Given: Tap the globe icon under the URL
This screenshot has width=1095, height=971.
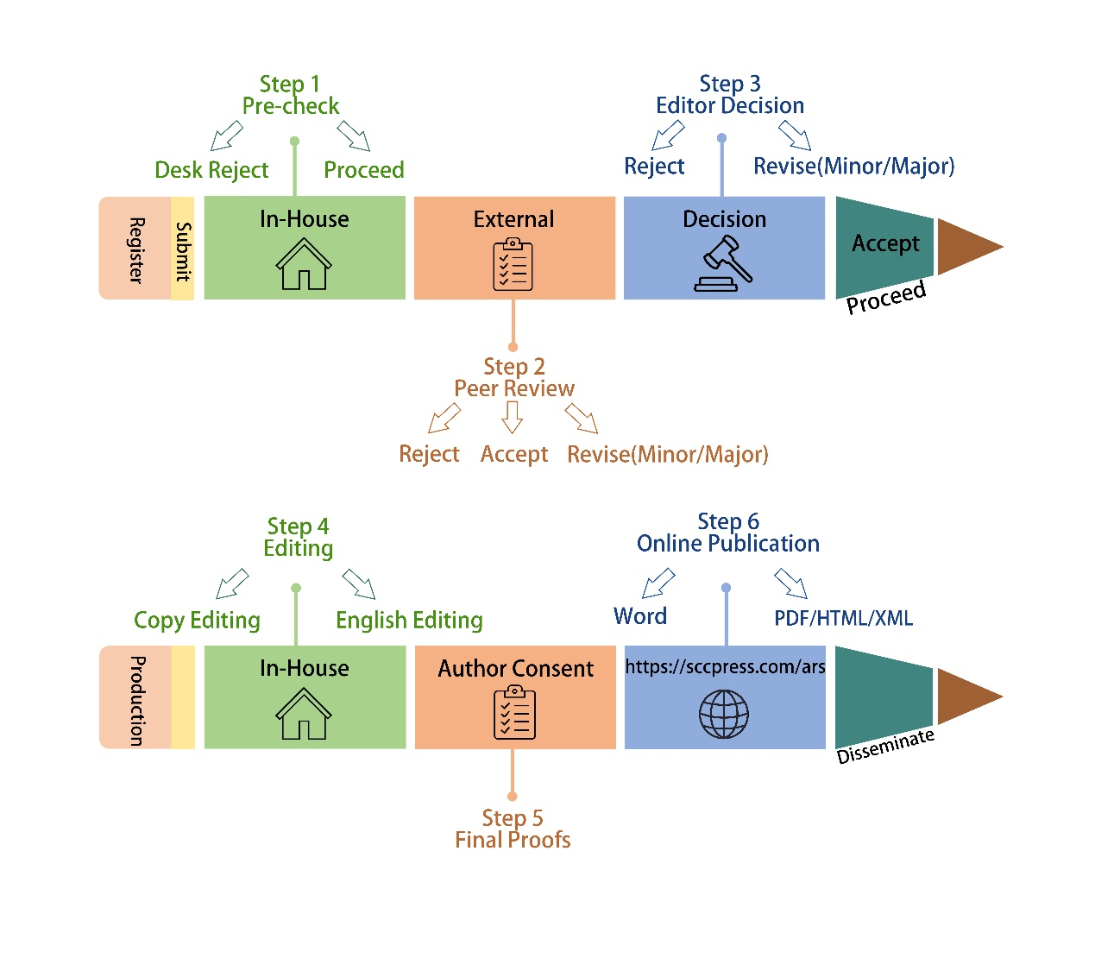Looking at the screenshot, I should (x=723, y=714).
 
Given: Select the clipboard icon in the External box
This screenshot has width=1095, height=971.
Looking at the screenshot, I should (x=513, y=264).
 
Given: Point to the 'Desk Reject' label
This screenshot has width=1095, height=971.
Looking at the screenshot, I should (x=211, y=170).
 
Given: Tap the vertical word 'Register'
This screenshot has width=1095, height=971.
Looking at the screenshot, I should (x=136, y=249).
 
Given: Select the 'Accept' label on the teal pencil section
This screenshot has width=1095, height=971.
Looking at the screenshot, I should (x=885, y=243).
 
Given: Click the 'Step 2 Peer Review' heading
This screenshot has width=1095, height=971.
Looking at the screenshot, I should (x=514, y=377).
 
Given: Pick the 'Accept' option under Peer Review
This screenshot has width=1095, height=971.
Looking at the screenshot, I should (x=514, y=454).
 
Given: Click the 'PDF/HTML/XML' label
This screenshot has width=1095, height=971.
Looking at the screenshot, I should (x=843, y=618).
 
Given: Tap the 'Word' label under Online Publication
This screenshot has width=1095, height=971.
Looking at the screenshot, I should (x=640, y=616).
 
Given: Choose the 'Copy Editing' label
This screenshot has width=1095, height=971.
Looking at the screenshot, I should (x=197, y=620).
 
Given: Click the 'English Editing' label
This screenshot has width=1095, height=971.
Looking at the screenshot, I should (x=409, y=620).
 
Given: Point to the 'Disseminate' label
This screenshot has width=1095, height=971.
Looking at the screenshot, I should (x=885, y=745).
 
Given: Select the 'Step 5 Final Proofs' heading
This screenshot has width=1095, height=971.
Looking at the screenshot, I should (x=513, y=829).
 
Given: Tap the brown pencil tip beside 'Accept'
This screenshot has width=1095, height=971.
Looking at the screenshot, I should (x=967, y=247).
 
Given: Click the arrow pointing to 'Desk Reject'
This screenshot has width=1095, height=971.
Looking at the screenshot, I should (x=227, y=136).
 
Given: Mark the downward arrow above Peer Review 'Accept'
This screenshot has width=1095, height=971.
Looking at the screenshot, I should (x=513, y=417).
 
